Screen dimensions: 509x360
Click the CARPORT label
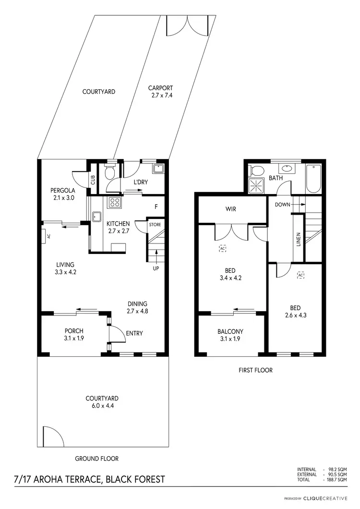coord(160,88)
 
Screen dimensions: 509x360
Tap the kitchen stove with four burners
coord(115,202)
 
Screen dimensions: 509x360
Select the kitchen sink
coord(96,216)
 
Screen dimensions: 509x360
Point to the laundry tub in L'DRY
coord(158,169)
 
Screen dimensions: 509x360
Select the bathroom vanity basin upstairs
coord(287,169)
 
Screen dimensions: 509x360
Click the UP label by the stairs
coord(156,268)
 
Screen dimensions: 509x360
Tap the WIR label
coord(231,209)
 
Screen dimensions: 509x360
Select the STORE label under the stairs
coord(155,224)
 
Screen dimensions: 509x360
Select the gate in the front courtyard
coord(50,436)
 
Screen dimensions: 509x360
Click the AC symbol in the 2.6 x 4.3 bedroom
coord(301,275)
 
